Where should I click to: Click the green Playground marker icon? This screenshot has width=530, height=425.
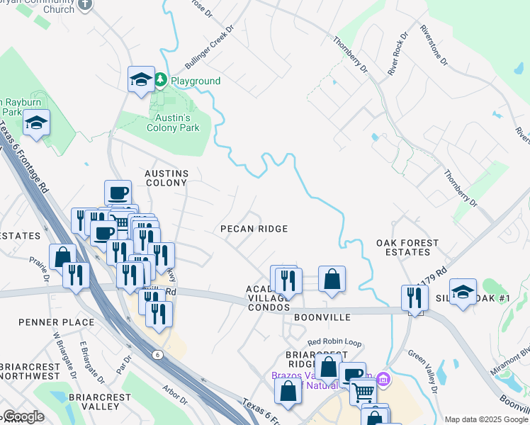(x=162, y=81)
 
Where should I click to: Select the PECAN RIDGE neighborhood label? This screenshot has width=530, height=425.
(x=254, y=229)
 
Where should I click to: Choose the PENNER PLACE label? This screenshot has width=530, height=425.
(x=57, y=322)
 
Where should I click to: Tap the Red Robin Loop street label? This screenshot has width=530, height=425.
(x=334, y=344)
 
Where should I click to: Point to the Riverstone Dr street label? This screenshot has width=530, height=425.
(x=434, y=46)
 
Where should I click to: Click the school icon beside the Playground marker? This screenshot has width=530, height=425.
(x=141, y=79)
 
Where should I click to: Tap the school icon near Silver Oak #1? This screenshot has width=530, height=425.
(x=463, y=292)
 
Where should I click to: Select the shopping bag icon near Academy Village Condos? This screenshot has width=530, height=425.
(x=332, y=279)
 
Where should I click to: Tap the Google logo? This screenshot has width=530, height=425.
(x=23, y=416)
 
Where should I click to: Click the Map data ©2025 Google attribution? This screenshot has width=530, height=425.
(x=485, y=419)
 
